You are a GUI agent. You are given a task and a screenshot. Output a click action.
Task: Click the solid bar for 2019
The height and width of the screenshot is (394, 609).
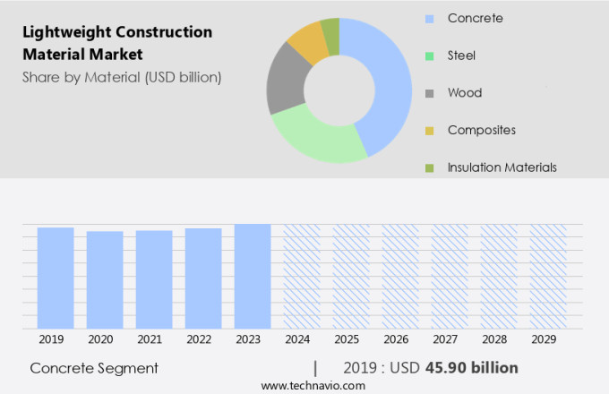(56, 278)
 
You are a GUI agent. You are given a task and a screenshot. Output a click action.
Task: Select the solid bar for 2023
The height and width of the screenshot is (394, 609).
(253, 276)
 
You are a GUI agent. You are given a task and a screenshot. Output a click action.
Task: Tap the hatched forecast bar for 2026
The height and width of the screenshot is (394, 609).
(400, 276)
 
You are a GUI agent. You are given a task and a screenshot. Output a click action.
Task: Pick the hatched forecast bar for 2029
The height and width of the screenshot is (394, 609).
(547, 276)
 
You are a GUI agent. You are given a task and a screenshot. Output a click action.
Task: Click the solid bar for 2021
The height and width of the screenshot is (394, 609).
(154, 279)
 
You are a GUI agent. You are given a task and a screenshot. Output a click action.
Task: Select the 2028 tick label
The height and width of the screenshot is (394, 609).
(498, 339)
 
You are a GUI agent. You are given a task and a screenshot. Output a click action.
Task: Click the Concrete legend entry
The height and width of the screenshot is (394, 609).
(475, 18)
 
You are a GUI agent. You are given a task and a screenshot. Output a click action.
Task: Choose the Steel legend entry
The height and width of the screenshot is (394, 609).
(461, 56)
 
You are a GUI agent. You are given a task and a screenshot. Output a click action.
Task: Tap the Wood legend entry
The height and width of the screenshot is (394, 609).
(464, 92)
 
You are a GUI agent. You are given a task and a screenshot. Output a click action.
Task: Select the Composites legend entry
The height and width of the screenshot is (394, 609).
(481, 130)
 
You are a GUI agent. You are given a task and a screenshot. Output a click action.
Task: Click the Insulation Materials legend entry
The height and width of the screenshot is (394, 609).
(502, 167)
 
